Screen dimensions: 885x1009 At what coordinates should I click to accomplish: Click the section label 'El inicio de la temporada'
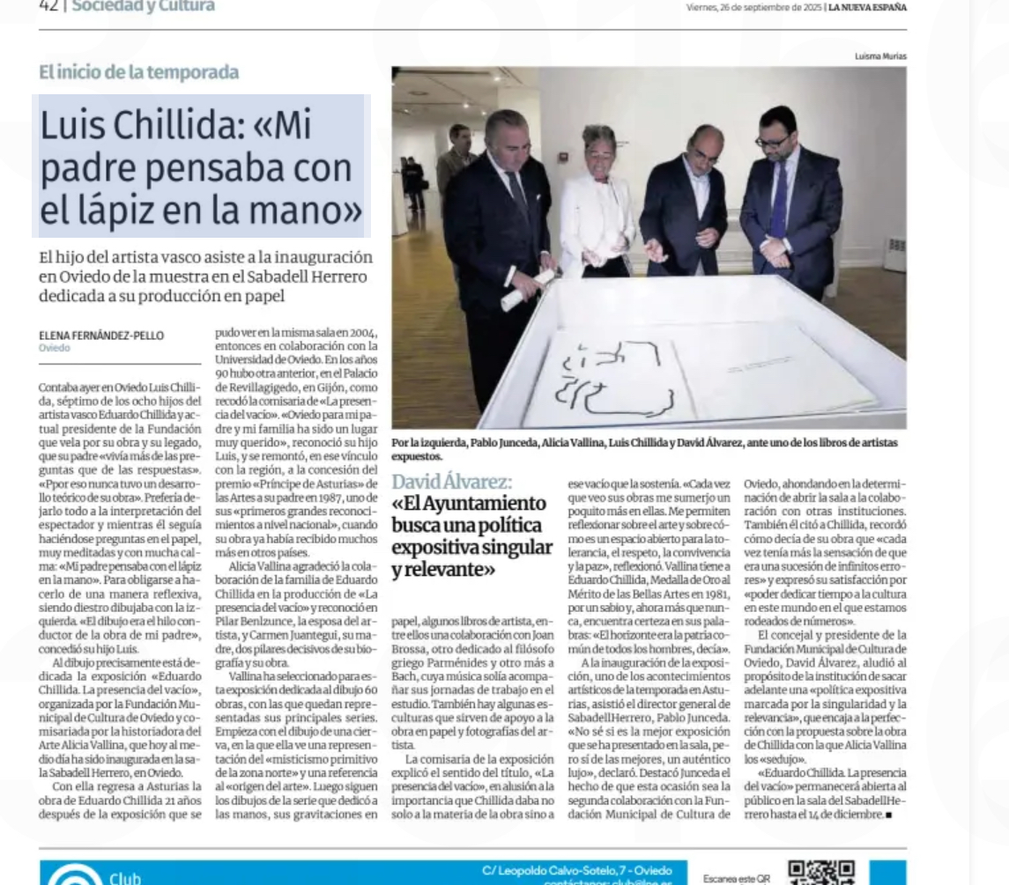pyautogui.click(x=138, y=72)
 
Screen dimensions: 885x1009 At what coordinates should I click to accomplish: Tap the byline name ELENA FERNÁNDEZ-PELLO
pyautogui.click(x=101, y=336)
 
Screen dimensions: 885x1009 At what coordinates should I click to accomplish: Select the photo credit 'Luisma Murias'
pyautogui.click(x=879, y=56)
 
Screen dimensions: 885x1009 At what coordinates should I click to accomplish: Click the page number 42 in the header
pyautogui.click(x=48, y=6)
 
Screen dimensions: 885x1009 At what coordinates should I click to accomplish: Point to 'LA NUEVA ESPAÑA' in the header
pyautogui.click(x=867, y=8)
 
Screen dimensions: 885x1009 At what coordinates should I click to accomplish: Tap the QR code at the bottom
pyautogui.click(x=820, y=872)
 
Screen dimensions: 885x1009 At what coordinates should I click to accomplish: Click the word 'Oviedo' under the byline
pyautogui.click(x=55, y=348)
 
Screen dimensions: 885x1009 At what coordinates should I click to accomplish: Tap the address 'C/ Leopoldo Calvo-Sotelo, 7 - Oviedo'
pyautogui.click(x=577, y=871)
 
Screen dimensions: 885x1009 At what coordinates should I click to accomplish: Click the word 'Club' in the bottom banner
pyautogui.click(x=124, y=878)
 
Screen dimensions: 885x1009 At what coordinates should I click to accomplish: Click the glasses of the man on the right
pyautogui.click(x=772, y=141)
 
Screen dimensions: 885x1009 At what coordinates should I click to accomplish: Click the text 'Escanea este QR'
pyautogui.click(x=737, y=878)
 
